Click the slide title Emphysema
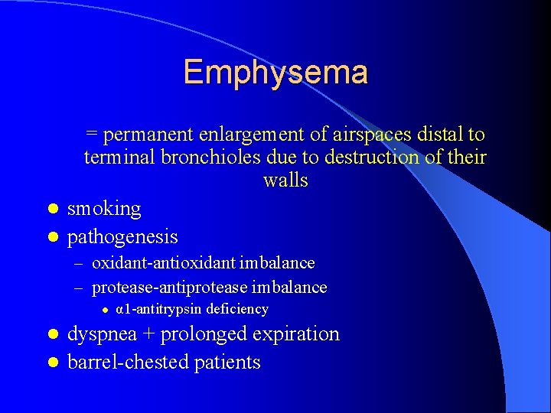pyautogui.click(x=275, y=73)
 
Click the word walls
pyautogui.click(x=285, y=181)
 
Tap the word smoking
pyautogui.click(x=104, y=209)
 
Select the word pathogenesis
pyautogui.click(x=122, y=237)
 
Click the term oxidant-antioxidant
pyautogui.click(x=162, y=263)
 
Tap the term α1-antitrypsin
pyautogui.click(x=159, y=309)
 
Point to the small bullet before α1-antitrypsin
pyautogui.click(x=106, y=310)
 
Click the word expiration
pyautogui.click(x=300, y=334)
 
